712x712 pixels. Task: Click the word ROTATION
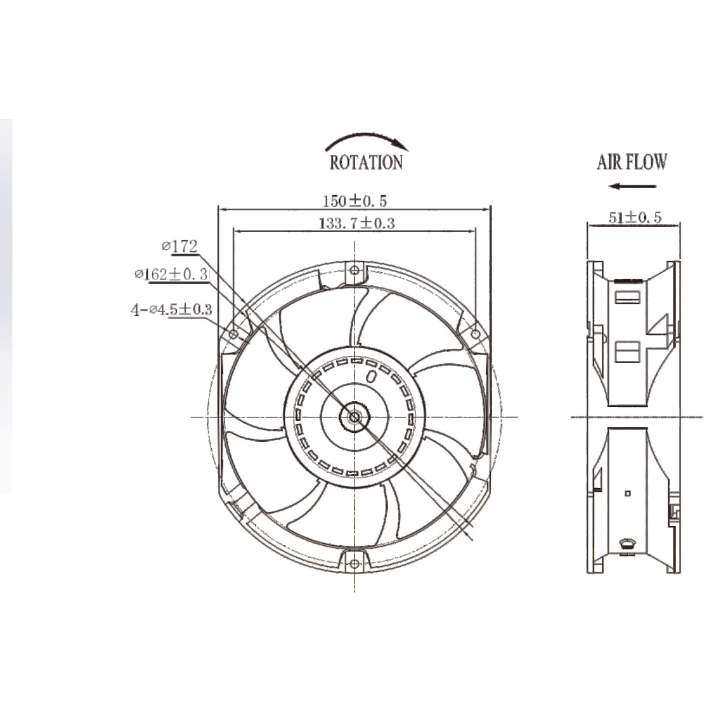pyautogui.click(x=366, y=163)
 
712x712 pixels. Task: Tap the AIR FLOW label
pyautogui.click(x=632, y=162)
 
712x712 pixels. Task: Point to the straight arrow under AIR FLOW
pyautogui.click(x=632, y=186)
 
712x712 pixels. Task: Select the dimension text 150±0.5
pyautogui.click(x=355, y=201)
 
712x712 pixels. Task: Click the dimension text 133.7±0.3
pyautogui.click(x=356, y=223)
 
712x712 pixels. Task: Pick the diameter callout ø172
pyautogui.click(x=180, y=246)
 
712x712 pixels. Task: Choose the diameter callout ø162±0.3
pyautogui.click(x=172, y=274)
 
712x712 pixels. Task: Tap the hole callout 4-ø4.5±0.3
pyautogui.click(x=172, y=310)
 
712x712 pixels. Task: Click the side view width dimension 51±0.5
pyautogui.click(x=635, y=218)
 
